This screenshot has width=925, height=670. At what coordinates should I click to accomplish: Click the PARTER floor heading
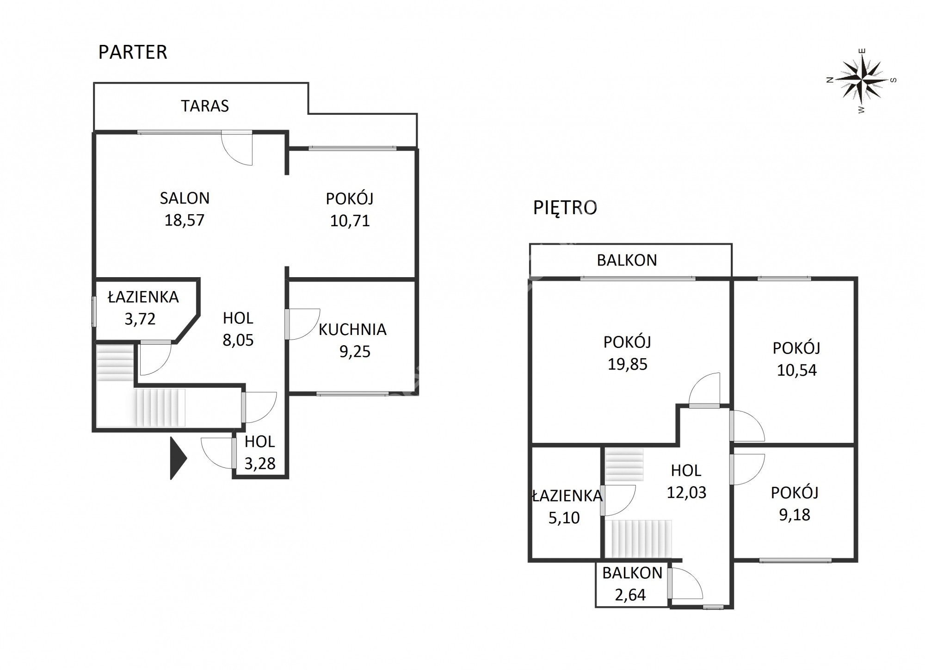(133, 52)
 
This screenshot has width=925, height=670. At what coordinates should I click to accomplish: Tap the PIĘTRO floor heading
(565, 208)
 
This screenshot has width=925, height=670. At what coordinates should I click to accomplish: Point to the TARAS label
(205, 106)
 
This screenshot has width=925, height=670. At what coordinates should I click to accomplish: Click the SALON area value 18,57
(184, 220)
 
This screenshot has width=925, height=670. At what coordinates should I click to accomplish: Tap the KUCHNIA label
(352, 329)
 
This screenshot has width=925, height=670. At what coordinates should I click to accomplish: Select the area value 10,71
(350, 221)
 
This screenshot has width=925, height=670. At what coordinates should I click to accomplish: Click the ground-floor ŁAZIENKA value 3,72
(140, 319)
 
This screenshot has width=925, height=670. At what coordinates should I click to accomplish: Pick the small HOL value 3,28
(260, 463)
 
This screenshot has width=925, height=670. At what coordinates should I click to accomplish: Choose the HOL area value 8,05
(238, 341)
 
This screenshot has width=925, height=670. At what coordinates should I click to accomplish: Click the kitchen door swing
(303, 324)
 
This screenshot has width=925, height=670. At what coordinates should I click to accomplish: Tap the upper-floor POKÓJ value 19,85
(627, 364)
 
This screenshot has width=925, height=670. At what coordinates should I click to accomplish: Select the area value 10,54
(796, 370)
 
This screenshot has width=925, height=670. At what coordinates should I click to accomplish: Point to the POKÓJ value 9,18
(795, 515)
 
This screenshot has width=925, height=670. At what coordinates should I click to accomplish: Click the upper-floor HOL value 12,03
(686, 492)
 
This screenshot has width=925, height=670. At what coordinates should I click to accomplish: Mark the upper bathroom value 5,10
(564, 517)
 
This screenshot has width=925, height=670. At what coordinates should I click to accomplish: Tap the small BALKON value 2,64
(630, 595)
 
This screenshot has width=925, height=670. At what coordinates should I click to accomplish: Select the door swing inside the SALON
(237, 148)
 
